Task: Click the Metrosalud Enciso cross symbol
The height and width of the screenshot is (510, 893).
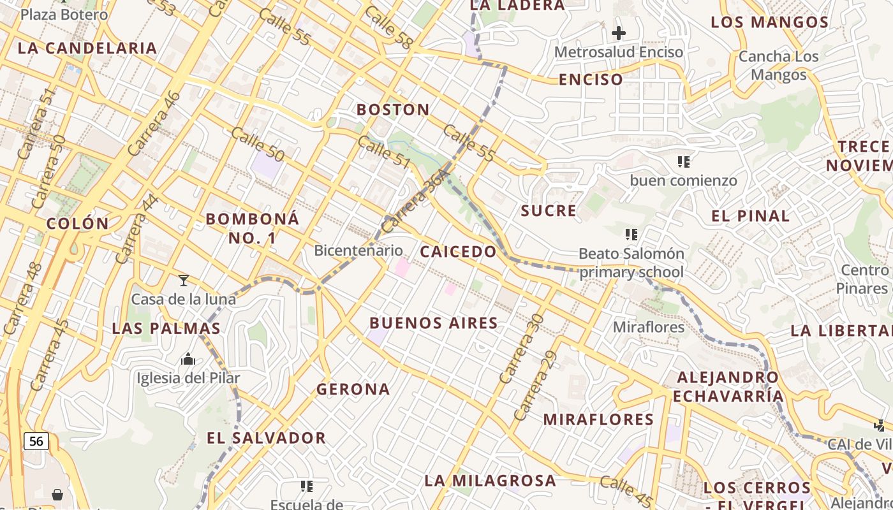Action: [618, 33]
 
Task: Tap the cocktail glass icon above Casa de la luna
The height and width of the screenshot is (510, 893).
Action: [184, 280]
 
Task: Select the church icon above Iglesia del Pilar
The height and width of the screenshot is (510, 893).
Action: [188, 360]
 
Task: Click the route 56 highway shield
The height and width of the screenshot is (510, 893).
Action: [36, 441]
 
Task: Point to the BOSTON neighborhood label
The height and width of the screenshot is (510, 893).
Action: [393, 110]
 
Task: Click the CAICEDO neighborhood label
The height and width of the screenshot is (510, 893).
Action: [458, 251]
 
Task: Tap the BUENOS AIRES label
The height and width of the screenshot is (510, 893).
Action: [434, 323]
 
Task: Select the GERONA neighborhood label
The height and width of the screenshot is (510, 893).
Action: [353, 389]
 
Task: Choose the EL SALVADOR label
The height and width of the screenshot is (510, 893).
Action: [267, 438]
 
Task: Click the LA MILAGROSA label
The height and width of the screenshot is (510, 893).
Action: [490, 481]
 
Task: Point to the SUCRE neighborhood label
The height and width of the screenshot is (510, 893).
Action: [549, 211]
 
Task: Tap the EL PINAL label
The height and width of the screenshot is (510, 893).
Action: [750, 216]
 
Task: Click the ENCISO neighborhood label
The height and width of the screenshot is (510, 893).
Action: [591, 80]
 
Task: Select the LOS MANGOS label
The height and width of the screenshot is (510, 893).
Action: [769, 22]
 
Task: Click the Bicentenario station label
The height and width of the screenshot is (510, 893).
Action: [358, 251]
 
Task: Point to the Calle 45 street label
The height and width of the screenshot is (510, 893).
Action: [626, 488]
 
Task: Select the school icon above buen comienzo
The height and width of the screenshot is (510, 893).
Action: [684, 162]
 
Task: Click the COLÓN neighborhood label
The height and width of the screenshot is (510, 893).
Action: [78, 224]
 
